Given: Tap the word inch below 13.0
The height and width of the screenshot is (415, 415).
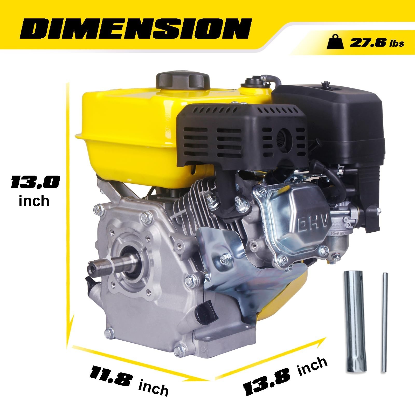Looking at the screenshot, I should click(x=34, y=201).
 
